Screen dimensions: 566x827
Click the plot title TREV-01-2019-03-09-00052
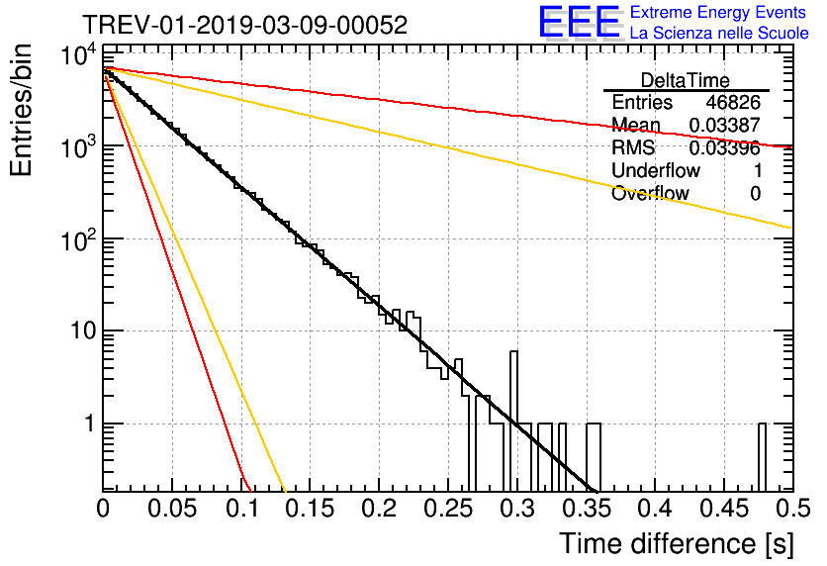(243, 26)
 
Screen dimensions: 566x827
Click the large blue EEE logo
(579, 24)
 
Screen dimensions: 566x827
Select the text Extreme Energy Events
(718, 13)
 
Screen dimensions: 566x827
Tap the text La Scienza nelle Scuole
(719, 34)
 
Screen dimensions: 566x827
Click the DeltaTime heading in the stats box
(686, 80)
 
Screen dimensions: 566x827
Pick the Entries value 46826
(733, 103)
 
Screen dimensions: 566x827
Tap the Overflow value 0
(755, 194)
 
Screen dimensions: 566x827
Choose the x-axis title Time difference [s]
(675, 543)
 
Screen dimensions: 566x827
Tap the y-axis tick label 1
(87, 424)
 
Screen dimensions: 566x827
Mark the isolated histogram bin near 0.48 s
(763, 456)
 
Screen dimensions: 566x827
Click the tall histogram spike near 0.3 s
(513, 416)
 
